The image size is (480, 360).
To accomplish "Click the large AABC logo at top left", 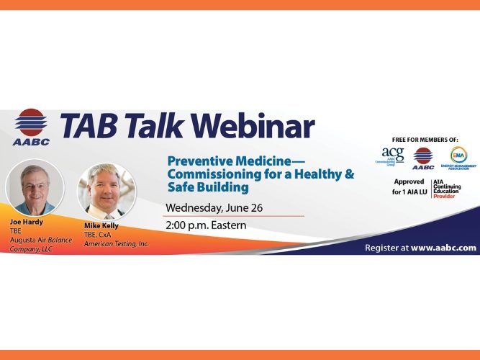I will pyautogui.click(x=30, y=127).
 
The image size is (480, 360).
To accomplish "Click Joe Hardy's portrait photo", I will pyautogui.click(x=35, y=185).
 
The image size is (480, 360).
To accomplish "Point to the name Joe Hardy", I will pyautogui.click(x=25, y=222).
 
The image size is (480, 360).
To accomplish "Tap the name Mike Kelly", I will pyautogui.click(x=101, y=225).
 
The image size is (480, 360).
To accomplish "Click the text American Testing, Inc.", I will pyautogui.click(x=116, y=243).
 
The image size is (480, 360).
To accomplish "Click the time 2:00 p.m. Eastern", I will pyautogui.click(x=206, y=225).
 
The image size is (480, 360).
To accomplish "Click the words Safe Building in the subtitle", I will pyautogui.click(x=208, y=188).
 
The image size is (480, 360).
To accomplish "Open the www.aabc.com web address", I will pyautogui.click(x=443, y=247).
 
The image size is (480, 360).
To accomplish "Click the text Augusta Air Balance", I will pyautogui.click(x=40, y=239).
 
